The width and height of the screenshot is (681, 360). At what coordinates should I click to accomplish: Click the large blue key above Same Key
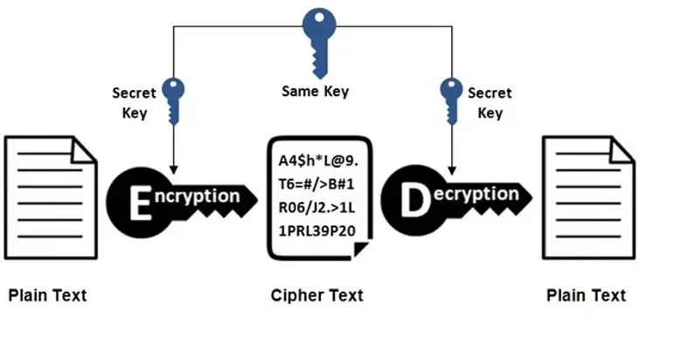(319, 41)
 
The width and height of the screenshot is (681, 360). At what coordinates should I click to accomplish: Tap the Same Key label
(316, 92)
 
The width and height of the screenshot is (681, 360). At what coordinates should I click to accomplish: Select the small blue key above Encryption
(173, 100)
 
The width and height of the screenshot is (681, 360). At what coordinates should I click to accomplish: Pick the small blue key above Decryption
(451, 100)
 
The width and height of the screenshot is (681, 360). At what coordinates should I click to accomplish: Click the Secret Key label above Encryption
(135, 103)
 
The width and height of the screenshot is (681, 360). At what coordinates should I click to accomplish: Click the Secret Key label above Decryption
(490, 103)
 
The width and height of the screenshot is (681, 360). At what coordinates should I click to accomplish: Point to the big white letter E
(141, 203)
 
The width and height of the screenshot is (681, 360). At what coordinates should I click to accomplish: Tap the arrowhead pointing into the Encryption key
(173, 170)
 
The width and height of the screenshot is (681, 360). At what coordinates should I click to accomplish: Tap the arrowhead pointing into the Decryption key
(452, 170)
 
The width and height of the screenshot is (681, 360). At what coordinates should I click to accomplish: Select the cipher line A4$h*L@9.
(318, 161)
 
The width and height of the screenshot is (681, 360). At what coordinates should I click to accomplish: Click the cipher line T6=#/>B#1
(316, 184)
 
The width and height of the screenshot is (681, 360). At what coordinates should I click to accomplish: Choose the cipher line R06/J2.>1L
(316, 208)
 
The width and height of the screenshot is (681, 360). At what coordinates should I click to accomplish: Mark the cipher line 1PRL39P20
(317, 231)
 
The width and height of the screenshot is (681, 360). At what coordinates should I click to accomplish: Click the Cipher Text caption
(317, 295)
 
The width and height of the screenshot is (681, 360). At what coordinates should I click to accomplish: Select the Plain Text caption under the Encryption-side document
(48, 295)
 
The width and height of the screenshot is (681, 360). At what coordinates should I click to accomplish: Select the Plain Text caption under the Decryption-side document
(586, 295)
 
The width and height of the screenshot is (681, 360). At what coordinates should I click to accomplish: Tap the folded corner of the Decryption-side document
(621, 150)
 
